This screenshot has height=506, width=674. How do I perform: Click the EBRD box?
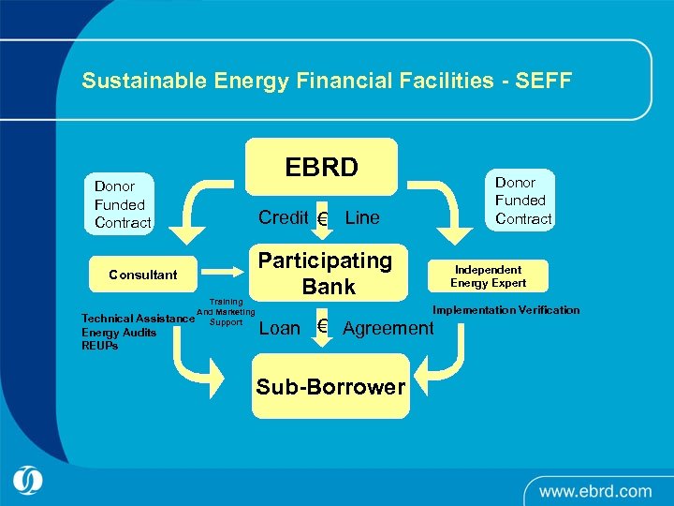tap(321, 167)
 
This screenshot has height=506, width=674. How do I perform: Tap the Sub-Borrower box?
tap(330, 386)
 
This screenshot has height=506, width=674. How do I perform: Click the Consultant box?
tap(143, 275)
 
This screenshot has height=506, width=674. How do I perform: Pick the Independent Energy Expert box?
tap(488, 275)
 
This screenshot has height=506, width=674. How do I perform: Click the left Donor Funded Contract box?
tap(123, 204)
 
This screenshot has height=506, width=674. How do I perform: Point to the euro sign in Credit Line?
tap(322, 219)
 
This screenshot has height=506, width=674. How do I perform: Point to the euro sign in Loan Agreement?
tap(322, 326)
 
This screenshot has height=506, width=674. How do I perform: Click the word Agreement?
tap(388, 328)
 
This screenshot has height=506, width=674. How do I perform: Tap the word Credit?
tap(283, 217)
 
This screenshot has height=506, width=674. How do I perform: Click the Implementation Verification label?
tap(505, 310)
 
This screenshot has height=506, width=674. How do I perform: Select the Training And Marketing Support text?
tap(226, 312)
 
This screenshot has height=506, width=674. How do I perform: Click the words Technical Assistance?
tap(138, 319)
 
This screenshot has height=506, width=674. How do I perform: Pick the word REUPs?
tap(100, 345)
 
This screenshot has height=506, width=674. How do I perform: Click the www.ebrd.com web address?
tap(594, 490)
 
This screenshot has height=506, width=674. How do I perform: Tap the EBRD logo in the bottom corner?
tap(29, 481)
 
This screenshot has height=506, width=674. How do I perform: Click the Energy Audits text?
tap(119, 332)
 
